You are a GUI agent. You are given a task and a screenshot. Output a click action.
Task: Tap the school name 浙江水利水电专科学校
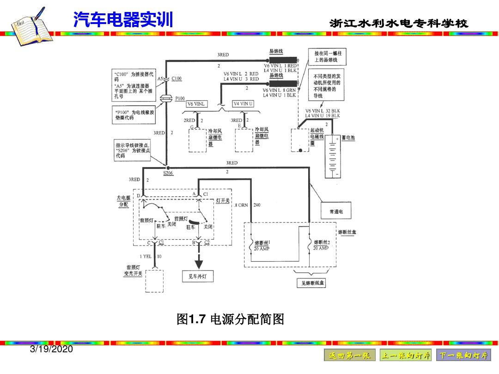(399, 24)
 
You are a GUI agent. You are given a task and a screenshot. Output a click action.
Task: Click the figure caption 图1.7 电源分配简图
(230, 319)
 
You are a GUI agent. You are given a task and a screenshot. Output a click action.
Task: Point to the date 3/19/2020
(51, 350)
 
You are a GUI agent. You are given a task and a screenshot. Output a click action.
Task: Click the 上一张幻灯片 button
(406, 356)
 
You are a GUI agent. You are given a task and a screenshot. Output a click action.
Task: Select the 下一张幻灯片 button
(463, 356)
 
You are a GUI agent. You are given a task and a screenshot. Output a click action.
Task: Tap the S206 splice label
(168, 173)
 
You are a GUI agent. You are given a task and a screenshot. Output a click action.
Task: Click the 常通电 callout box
(336, 211)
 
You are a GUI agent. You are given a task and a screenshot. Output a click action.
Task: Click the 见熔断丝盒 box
(311, 283)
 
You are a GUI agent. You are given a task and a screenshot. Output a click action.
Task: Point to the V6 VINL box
(196, 104)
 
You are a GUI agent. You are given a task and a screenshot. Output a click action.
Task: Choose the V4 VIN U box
(243, 104)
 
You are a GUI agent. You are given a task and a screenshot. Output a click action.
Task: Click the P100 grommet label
(180, 98)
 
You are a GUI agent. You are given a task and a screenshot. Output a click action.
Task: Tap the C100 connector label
(176, 78)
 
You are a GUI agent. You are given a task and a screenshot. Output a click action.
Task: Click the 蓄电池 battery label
(348, 138)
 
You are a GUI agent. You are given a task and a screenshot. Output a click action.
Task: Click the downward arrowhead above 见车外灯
(199, 264)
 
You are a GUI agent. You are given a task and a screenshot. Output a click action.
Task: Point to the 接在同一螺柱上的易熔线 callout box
(326, 57)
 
